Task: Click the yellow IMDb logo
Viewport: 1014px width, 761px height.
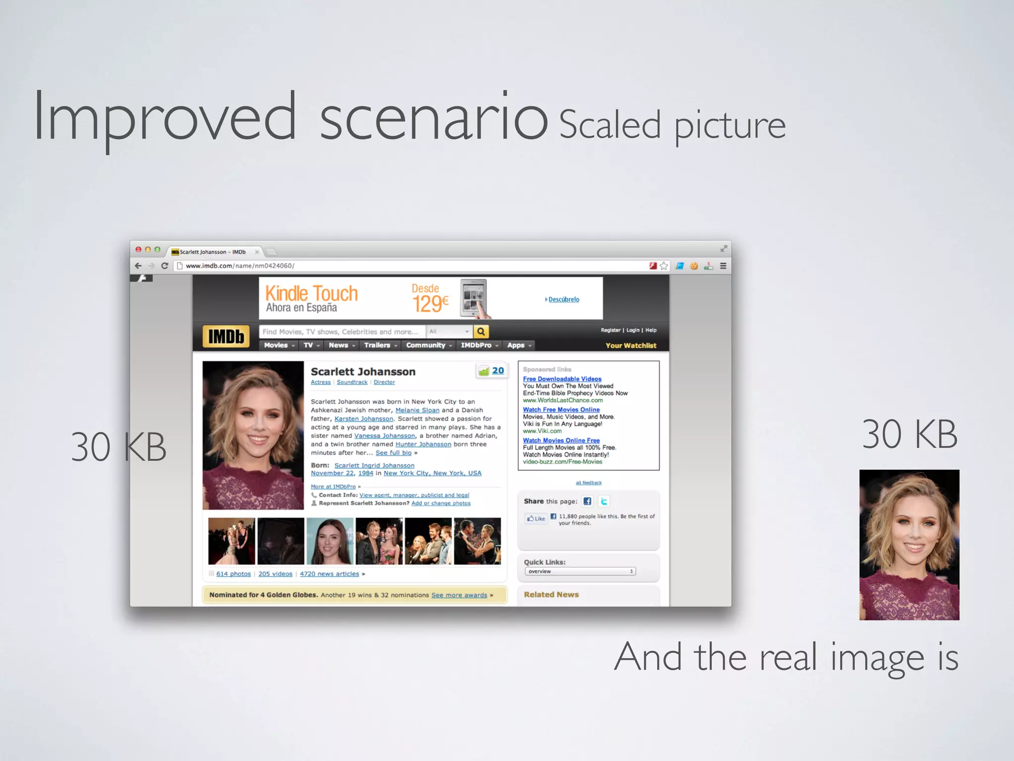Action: pyautogui.click(x=226, y=337)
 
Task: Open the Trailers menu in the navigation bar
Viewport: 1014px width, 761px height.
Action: pyautogui.click(x=377, y=345)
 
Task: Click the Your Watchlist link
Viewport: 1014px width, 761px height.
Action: pyautogui.click(x=631, y=346)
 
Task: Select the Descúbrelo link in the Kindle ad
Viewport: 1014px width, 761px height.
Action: pyautogui.click(x=563, y=299)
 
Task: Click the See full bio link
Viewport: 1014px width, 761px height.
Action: pyautogui.click(x=393, y=453)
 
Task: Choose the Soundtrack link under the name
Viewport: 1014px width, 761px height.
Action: pyautogui.click(x=352, y=382)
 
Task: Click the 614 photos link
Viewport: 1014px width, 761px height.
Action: pyautogui.click(x=233, y=574)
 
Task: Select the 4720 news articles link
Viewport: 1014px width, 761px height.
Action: pyautogui.click(x=329, y=574)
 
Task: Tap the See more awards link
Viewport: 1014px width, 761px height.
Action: pyautogui.click(x=459, y=595)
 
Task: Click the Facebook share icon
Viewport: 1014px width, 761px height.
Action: pyautogui.click(x=587, y=501)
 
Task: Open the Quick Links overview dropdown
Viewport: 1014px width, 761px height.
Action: pyautogui.click(x=580, y=571)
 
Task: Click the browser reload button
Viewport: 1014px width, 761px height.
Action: pyautogui.click(x=165, y=266)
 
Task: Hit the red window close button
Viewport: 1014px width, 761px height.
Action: pyautogui.click(x=139, y=250)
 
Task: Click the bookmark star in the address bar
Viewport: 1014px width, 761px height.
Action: pyautogui.click(x=664, y=266)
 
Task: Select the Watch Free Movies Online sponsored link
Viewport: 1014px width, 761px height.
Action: pyautogui.click(x=561, y=410)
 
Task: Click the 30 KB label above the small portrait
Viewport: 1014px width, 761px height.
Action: pyautogui.click(x=909, y=435)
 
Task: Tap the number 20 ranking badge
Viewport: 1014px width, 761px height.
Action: pyautogui.click(x=498, y=371)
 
